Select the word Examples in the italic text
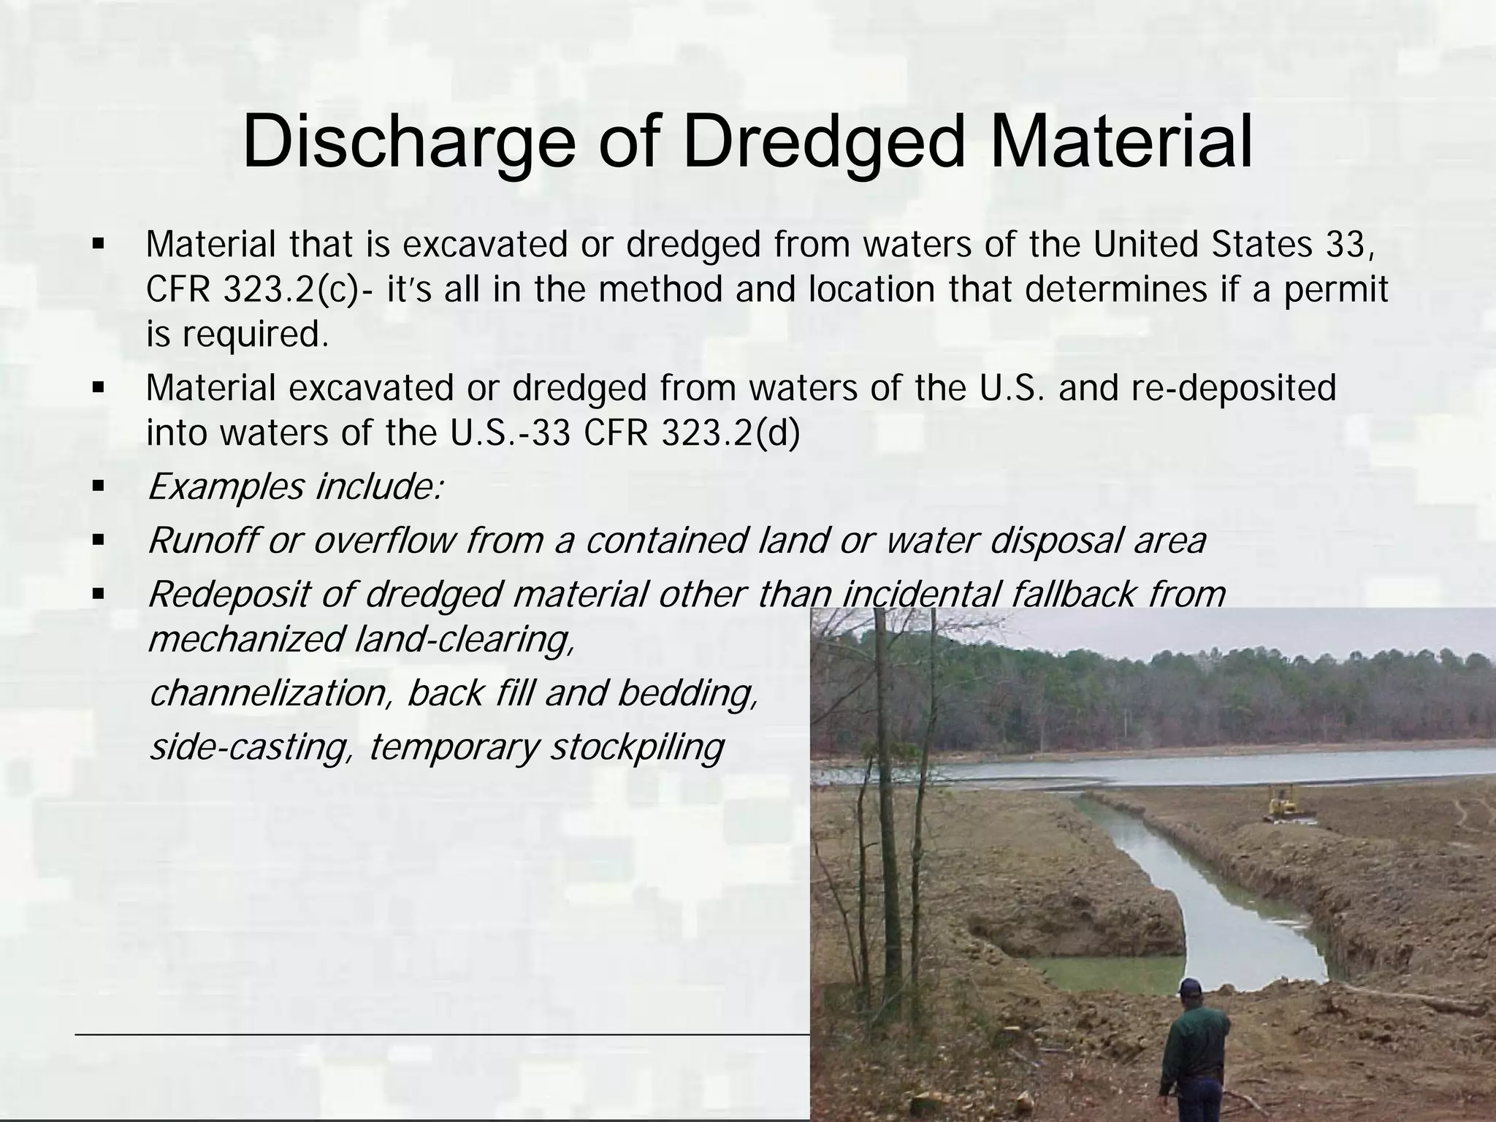point(226,487)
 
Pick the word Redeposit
point(229,595)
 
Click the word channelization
point(266,693)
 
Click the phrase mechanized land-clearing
point(361,640)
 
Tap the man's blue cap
point(1190,988)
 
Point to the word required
point(251,335)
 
